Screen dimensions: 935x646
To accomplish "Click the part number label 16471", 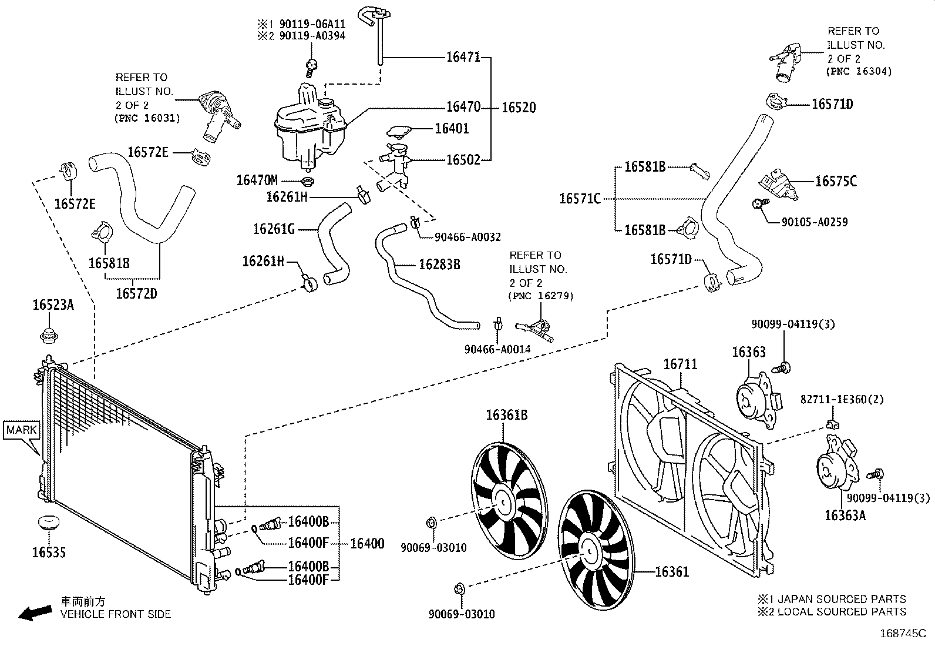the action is coord(463,57).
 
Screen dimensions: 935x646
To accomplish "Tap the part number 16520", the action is coord(519,108).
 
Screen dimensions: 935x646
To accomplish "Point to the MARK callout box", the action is coord(21,430).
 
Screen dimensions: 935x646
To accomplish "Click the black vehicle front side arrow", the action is coord(35,612).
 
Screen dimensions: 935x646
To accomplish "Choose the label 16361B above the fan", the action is coord(507,415).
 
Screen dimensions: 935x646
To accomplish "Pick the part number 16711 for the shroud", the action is coord(680,364).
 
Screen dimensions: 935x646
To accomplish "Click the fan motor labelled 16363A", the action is coord(837,463).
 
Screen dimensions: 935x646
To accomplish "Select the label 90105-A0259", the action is coord(815,222).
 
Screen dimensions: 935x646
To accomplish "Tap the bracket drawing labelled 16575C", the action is coord(778,184).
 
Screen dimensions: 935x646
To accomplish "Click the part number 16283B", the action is coord(439,265).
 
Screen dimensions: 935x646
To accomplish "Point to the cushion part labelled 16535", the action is coord(48,523).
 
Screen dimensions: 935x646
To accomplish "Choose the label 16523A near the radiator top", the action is coord(53,305).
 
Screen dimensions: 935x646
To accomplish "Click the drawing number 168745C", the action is coord(903,634).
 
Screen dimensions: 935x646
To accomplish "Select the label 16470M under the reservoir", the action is coord(257,180).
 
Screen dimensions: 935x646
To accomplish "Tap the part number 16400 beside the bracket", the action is coord(367,543).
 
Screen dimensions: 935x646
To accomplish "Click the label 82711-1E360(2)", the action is coord(842,400).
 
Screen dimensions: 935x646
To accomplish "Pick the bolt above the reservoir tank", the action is coord(311,68).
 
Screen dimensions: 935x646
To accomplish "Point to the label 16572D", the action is coord(136,294).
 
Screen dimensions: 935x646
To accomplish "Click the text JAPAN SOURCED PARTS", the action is coord(842,599).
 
